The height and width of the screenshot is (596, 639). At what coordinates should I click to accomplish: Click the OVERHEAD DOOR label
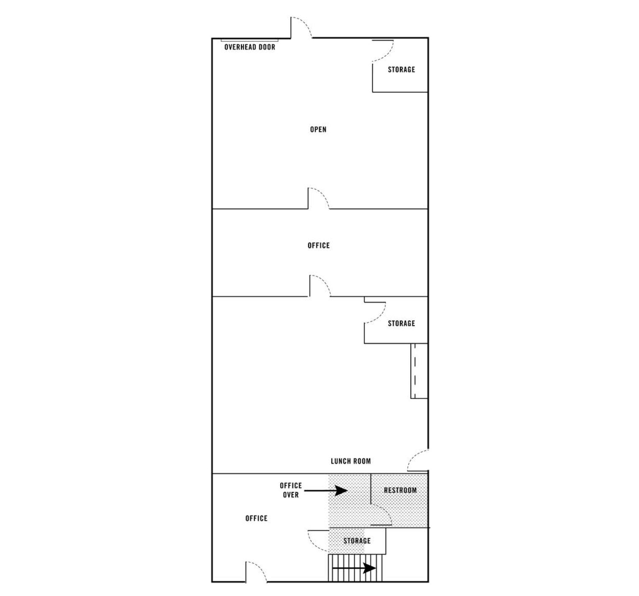click(x=250, y=47)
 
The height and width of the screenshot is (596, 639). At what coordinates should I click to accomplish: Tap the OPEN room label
click(x=318, y=129)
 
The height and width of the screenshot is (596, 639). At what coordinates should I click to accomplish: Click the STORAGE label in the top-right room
click(x=401, y=69)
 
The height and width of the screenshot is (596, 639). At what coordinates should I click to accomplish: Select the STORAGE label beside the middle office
click(x=401, y=323)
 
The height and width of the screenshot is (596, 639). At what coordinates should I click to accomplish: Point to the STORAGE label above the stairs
click(x=357, y=541)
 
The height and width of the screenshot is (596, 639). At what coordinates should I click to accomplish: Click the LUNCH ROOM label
click(x=351, y=461)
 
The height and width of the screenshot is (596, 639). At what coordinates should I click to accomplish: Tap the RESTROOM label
click(x=400, y=490)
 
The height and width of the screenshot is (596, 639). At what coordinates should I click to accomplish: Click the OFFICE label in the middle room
click(x=319, y=246)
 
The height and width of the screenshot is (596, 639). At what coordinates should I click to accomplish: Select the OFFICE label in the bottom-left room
click(x=256, y=518)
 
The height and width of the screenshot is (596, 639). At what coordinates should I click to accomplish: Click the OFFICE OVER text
click(x=291, y=490)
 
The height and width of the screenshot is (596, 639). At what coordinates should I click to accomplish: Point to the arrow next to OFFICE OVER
click(x=326, y=490)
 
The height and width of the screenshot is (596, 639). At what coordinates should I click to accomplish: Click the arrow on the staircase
click(x=354, y=568)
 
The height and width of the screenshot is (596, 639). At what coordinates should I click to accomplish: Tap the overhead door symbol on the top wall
click(x=250, y=40)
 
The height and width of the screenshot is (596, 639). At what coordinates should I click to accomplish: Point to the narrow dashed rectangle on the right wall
click(x=419, y=371)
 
